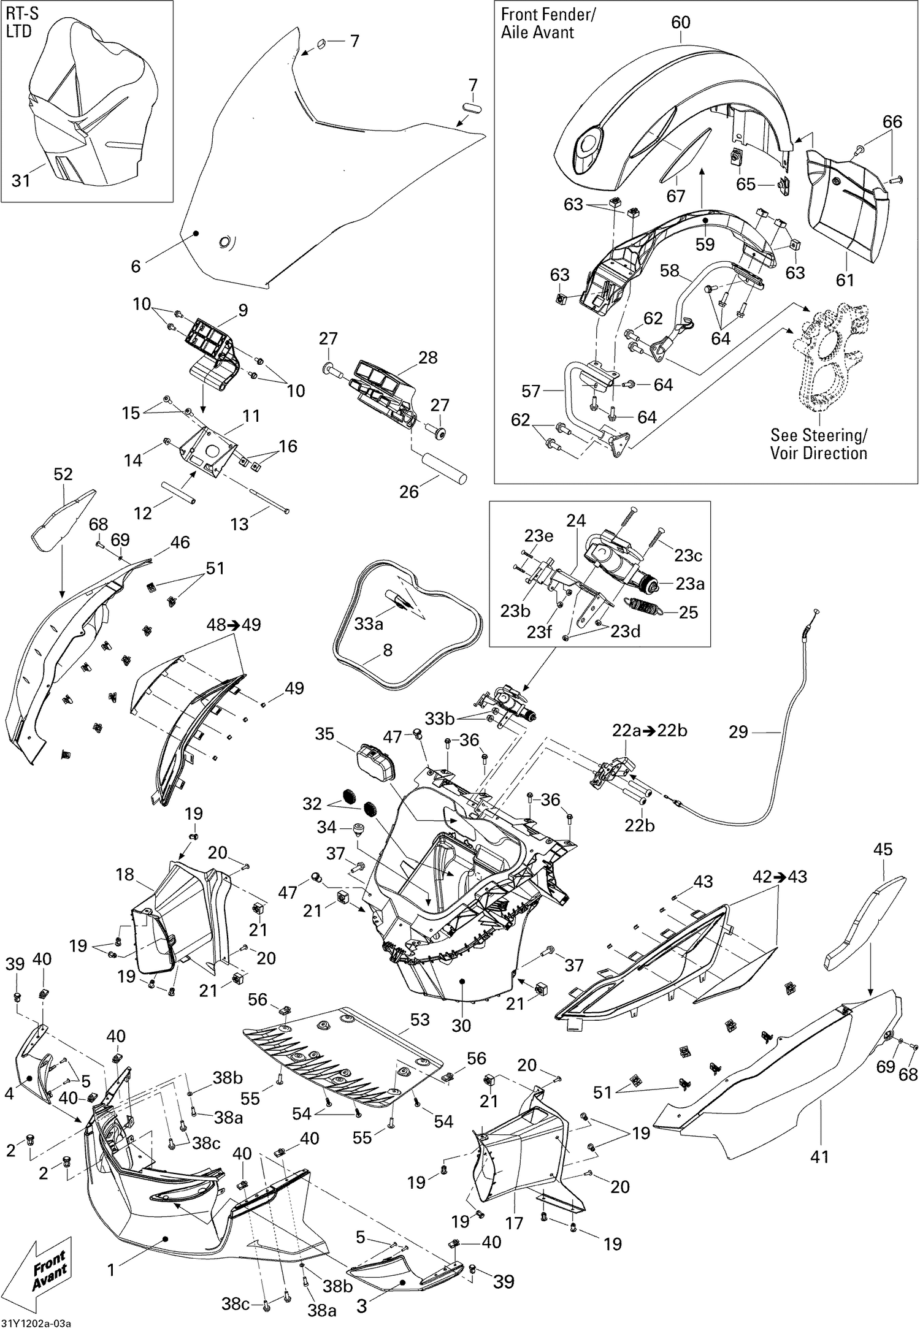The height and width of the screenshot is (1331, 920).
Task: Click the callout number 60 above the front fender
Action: coord(680,22)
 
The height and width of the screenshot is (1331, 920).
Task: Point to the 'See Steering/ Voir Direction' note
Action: coord(818,444)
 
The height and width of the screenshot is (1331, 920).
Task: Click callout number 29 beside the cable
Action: coord(738,732)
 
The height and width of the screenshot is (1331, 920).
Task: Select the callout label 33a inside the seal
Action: coord(368,624)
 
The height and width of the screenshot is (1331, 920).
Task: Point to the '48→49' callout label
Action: coord(233,625)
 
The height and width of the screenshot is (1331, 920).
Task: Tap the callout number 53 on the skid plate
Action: coord(420,1020)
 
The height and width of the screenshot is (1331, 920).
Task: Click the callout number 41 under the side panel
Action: coord(819,1156)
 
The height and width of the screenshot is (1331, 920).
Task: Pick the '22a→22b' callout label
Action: coord(650,731)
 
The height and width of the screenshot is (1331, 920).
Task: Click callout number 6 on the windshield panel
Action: coord(136,265)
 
